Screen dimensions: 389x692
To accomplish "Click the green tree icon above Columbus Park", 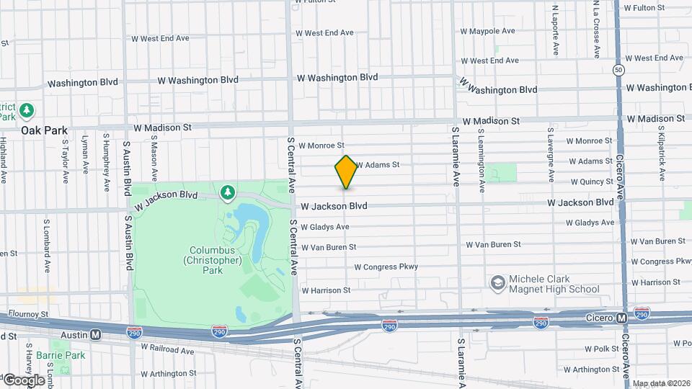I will tap(228, 192).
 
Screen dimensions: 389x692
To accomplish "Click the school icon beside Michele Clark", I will tap(497, 284).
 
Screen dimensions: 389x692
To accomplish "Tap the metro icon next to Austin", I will tap(95, 335).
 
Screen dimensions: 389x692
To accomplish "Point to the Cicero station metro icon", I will tap(621, 318).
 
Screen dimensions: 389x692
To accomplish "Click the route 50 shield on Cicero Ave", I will tap(618, 70).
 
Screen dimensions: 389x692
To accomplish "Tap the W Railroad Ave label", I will tap(167, 351).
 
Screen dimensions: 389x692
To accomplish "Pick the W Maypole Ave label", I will tap(488, 31).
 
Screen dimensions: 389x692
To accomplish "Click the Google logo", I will tap(24, 380).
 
